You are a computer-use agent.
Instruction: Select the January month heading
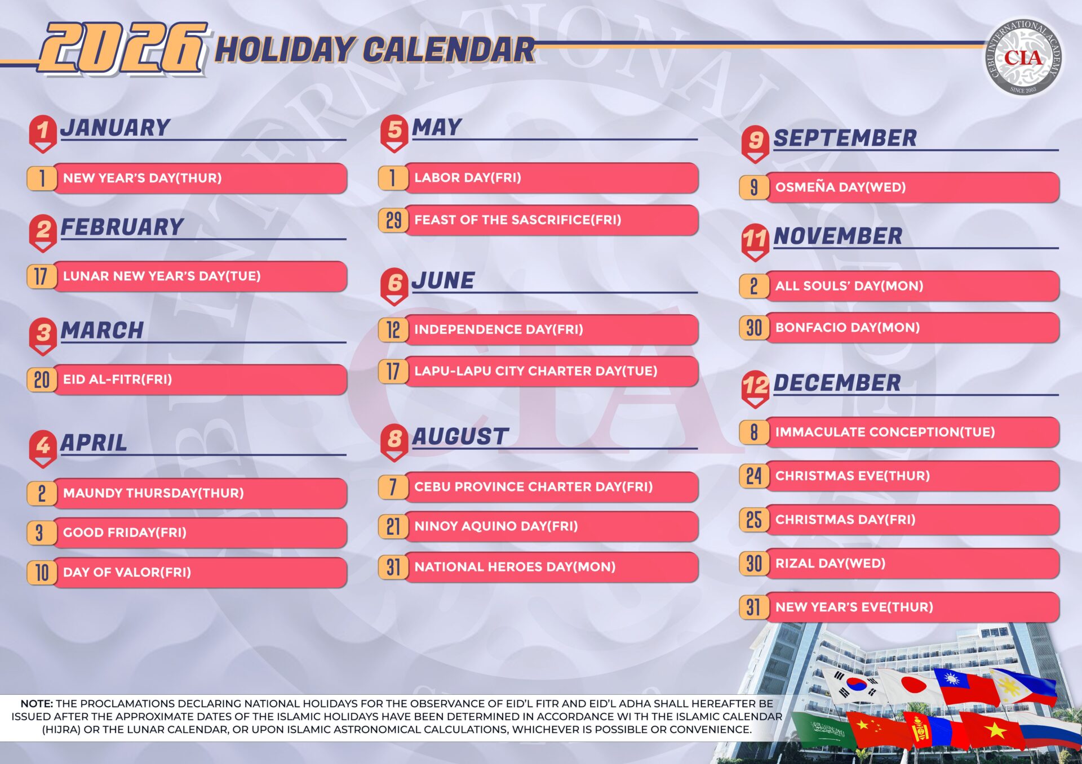(x=116, y=128)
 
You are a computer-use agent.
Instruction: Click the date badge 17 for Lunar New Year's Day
(x=41, y=276)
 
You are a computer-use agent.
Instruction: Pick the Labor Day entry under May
(x=538, y=178)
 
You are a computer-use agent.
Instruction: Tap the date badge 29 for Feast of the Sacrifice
(x=393, y=220)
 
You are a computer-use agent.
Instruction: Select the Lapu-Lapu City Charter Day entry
(x=538, y=372)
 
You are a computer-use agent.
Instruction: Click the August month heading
(x=460, y=436)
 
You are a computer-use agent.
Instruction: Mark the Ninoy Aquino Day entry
(x=538, y=526)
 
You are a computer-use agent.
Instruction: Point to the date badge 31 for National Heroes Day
(x=393, y=567)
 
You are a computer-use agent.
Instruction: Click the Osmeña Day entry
(x=899, y=187)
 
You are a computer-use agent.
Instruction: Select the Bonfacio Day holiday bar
(x=899, y=328)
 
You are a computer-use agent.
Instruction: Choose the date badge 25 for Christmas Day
(x=754, y=520)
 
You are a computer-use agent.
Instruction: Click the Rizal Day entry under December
(x=899, y=564)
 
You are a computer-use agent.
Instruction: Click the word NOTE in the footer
(x=37, y=704)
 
